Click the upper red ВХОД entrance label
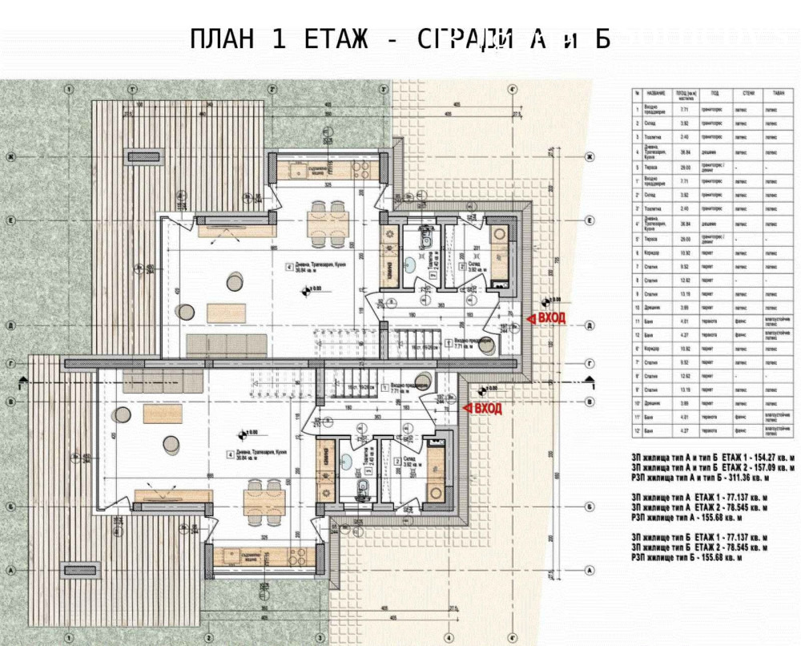(549, 319)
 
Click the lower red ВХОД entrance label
(485, 409)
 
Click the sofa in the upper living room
(227, 345)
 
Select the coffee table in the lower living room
(163, 413)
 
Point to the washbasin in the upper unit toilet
(409, 262)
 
